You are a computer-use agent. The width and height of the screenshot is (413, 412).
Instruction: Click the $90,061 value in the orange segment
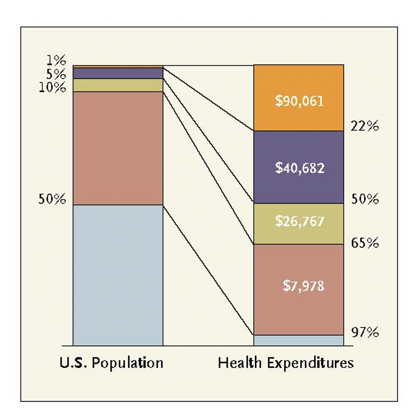299,101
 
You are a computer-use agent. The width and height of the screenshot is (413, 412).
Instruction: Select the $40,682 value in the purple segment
299,168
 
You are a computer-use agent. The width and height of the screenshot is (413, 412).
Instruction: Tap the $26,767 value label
299,221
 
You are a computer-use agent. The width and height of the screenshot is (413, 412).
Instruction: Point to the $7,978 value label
303,286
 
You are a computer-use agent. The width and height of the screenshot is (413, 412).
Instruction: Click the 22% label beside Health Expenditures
364,127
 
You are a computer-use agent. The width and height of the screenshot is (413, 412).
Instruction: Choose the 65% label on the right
364,244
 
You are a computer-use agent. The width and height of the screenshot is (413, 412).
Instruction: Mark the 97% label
364,333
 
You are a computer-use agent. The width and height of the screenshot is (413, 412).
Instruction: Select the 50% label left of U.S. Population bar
52,200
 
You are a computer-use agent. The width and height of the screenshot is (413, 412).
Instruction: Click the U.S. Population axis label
111,362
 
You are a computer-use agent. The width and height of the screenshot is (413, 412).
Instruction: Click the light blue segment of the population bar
118,275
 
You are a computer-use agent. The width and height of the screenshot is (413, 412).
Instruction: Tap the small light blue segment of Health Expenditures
299,340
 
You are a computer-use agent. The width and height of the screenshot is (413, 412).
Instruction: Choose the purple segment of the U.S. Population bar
118,73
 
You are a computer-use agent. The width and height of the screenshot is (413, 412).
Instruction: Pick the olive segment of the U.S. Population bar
118,85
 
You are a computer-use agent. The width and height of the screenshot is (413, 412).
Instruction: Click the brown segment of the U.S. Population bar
118,148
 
